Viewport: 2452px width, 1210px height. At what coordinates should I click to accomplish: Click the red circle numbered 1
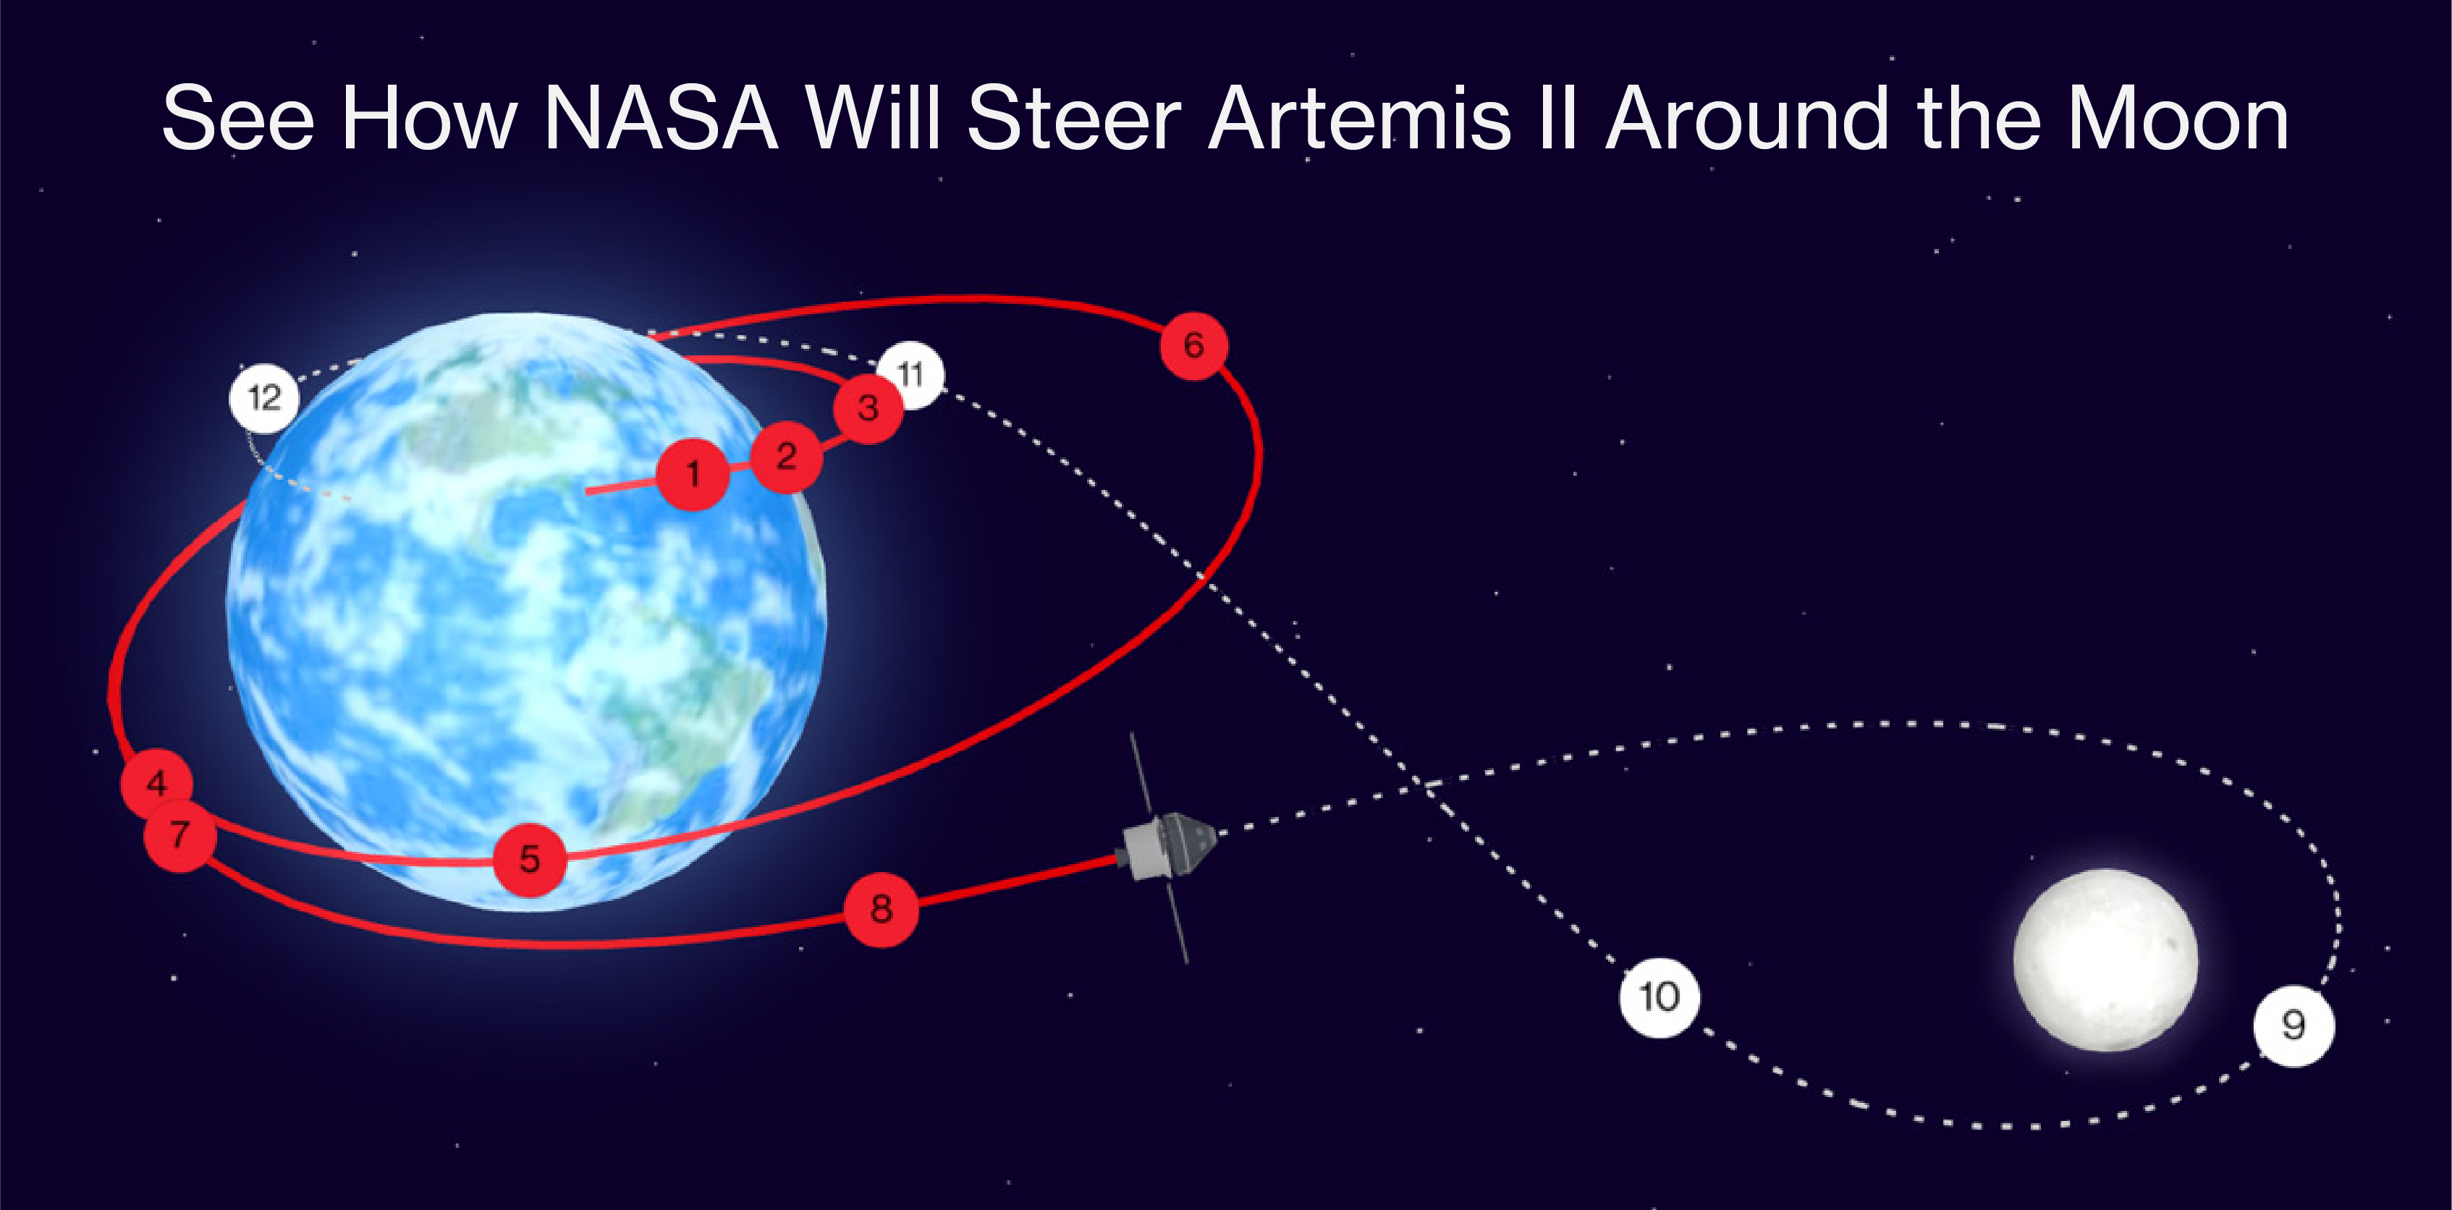pos(693,473)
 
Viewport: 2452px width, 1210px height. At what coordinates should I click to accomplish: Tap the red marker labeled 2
pos(786,457)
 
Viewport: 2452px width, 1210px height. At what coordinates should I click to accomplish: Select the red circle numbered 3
pos(868,408)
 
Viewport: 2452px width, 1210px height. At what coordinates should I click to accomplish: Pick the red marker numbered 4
pos(157,782)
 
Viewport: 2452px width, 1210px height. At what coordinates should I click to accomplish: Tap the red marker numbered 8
pos(882,909)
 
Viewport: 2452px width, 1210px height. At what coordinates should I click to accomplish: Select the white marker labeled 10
pos(1659,997)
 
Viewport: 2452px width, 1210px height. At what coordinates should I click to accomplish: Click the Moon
pos(2105,960)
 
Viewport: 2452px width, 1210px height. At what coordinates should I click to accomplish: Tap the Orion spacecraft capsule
pos(1169,845)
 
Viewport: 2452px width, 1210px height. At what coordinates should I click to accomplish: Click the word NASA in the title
pos(661,119)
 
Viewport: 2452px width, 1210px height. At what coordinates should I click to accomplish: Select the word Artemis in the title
pos(1359,119)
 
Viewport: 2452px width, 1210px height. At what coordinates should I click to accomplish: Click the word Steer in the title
pos(1074,119)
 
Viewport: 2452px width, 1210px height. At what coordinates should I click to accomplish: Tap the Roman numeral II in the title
pos(1558,119)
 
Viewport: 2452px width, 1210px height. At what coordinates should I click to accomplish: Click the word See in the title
pos(238,119)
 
